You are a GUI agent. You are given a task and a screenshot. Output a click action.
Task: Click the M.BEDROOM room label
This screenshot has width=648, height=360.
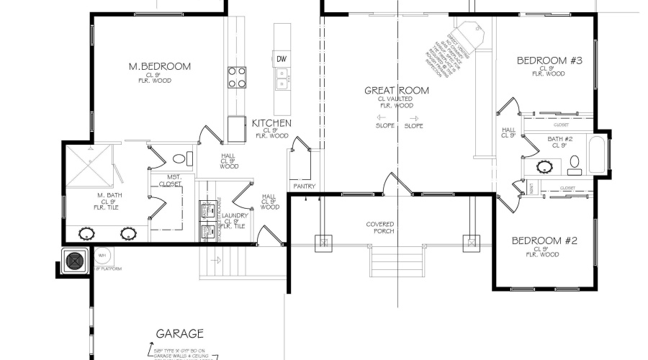pyautogui.click(x=160, y=66)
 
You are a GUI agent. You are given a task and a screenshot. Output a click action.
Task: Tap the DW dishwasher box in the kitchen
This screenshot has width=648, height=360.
pyautogui.click(x=282, y=58)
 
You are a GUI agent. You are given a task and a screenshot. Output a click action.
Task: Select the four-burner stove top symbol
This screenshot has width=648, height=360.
pyautogui.click(x=238, y=77)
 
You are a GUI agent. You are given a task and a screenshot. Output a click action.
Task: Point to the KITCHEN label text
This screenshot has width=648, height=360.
pyautogui.click(x=271, y=123)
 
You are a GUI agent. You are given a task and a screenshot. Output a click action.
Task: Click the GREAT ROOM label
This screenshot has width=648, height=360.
pyautogui.click(x=397, y=90)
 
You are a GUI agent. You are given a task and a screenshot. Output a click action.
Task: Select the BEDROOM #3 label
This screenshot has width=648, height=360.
pyautogui.click(x=549, y=60)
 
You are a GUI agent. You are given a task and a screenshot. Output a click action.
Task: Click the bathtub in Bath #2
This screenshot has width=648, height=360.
pyautogui.click(x=597, y=154)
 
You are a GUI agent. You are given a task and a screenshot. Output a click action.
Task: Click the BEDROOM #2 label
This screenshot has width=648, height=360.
pyautogui.click(x=545, y=240)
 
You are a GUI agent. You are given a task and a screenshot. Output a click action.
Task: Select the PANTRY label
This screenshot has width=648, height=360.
pyautogui.click(x=305, y=186)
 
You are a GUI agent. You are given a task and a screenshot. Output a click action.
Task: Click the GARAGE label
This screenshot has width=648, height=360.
pyautogui.click(x=179, y=333)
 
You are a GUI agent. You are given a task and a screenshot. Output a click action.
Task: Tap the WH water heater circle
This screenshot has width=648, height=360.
pyautogui.click(x=101, y=254)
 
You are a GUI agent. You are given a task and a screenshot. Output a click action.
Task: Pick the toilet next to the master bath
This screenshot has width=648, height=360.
pyautogui.click(x=182, y=158)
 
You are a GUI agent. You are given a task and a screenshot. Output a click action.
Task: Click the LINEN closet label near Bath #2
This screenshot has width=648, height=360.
pyautogui.click(x=531, y=187)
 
